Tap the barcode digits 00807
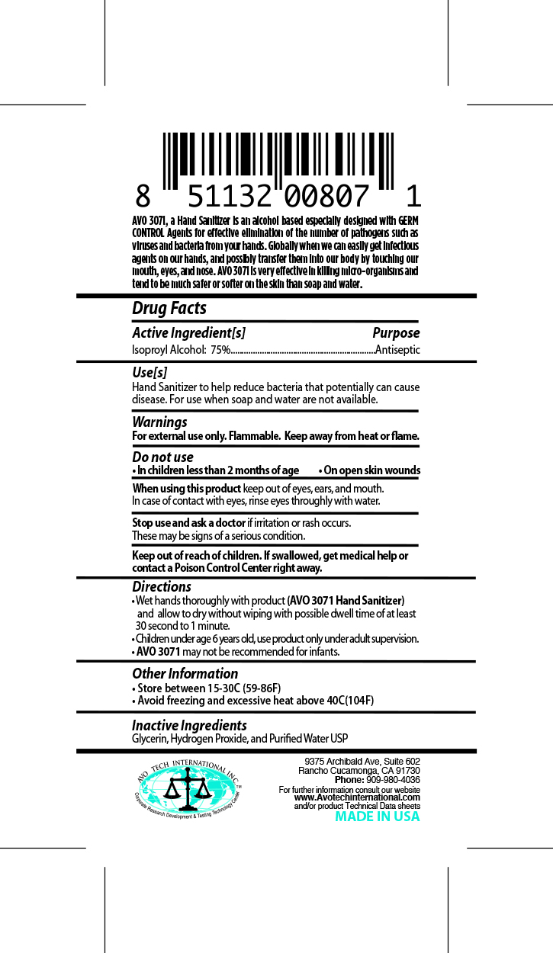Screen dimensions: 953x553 tap(327, 197)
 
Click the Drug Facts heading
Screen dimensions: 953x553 tap(169, 308)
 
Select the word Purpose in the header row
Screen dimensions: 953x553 tap(396, 333)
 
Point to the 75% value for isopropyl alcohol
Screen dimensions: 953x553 tap(220, 350)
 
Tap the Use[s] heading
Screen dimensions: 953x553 tap(150, 373)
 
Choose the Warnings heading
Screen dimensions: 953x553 tap(159, 422)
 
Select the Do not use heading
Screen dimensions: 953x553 tap(162, 457)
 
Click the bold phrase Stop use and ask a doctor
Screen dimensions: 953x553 tap(188, 523)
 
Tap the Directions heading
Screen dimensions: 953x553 tap(162, 586)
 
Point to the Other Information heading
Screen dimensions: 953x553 tap(185, 673)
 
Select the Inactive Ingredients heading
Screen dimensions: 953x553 tap(189, 725)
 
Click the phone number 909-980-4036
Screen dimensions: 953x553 tap(394, 780)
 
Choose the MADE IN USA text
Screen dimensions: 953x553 tap(378, 817)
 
